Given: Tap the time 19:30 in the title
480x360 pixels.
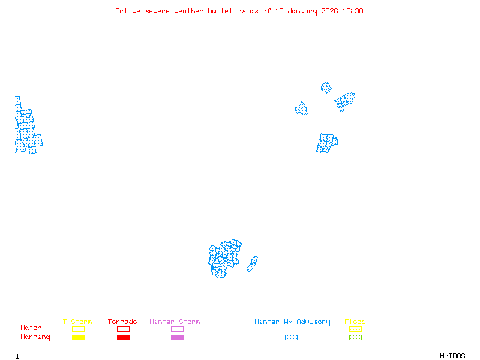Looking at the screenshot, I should (353, 11).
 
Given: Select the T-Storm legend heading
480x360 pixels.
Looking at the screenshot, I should (77, 322).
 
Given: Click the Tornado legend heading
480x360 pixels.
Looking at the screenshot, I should (122, 322).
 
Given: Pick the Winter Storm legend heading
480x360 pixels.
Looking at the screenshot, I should (175, 322).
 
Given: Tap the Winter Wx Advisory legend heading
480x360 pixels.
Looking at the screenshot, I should (292, 322).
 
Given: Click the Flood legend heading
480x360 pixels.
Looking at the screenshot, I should (355, 322).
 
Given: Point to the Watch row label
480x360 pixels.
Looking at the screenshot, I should (31, 328).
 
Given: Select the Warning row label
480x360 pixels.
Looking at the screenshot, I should (35, 337).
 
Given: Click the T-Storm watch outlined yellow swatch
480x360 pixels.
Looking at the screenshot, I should (78, 329).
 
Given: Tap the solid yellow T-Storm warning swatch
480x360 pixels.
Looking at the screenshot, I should (78, 338).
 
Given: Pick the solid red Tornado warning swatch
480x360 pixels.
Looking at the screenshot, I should (123, 338).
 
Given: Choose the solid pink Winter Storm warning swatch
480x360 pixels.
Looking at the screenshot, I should (177, 338).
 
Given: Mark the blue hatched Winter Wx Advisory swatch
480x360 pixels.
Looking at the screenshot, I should (291, 338).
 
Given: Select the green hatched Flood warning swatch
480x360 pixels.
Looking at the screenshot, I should (355, 338).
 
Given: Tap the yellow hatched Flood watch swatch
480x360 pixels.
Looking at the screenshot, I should (355, 329).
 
